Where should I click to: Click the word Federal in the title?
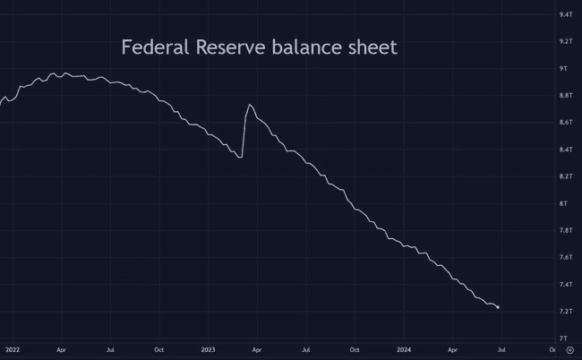coord(156,47)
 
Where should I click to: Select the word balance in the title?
coord(314,47)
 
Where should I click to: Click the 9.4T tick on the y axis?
coord(566,15)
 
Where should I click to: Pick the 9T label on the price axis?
coord(564,69)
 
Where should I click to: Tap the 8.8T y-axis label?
coord(566,96)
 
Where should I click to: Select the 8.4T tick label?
coord(566,150)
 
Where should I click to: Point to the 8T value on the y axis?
coord(564,203)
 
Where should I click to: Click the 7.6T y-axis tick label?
coord(566,258)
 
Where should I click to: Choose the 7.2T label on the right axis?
coord(566,312)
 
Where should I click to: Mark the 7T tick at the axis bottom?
coord(564,339)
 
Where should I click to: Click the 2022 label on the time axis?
coord(12,351)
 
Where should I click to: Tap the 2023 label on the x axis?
coord(208,351)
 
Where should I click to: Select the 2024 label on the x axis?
coord(404,351)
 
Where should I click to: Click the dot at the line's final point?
coord(498,307)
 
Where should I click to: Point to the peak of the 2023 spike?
coord(249,105)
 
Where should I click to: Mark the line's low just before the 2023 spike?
coord(241,158)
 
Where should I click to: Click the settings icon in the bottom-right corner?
coord(569,351)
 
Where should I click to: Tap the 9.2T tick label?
coord(566,42)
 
